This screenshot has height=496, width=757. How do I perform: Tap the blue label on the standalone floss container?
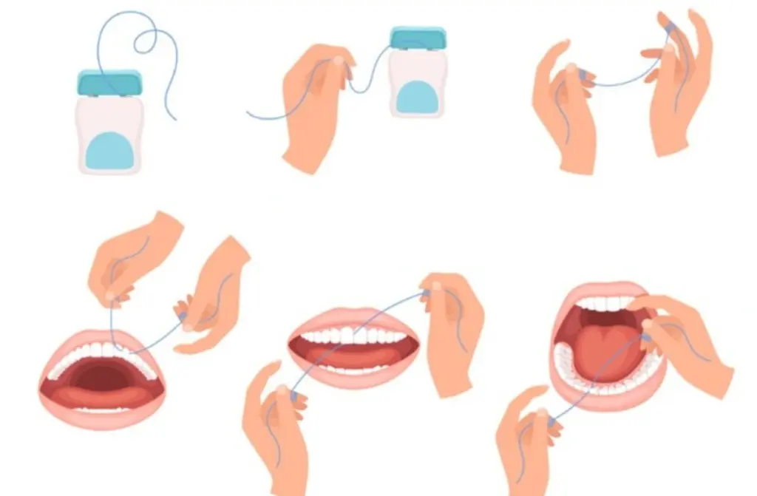coord(109,150)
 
